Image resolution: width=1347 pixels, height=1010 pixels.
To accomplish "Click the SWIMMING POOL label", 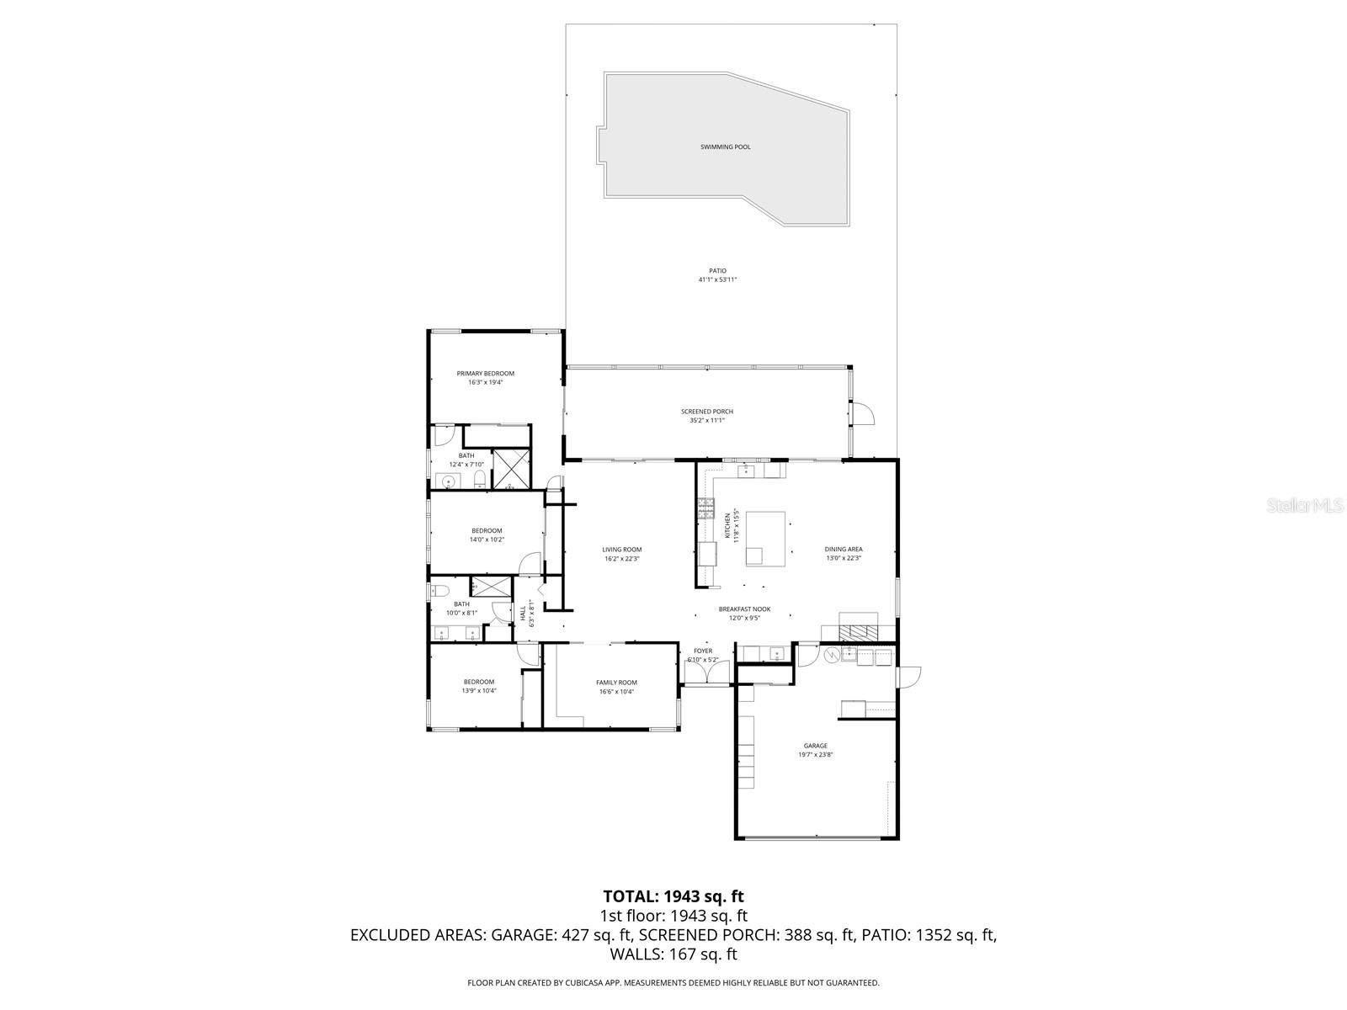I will [725, 147].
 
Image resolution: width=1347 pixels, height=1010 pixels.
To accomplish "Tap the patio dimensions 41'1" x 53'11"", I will [717, 279].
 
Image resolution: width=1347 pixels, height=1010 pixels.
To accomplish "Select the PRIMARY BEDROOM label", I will [485, 374].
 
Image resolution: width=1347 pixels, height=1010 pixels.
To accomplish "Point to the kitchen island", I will [766, 537].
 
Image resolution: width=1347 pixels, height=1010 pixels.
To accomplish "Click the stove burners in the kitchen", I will [705, 508].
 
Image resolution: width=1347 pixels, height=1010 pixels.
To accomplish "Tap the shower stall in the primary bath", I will [511, 470].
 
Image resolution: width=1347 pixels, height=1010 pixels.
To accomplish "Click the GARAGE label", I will [815, 746].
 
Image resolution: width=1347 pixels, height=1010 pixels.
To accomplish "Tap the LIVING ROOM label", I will [622, 550].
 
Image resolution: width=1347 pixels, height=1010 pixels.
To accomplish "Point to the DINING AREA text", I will [843, 550].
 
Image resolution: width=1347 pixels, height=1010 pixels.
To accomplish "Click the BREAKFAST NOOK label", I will [744, 609].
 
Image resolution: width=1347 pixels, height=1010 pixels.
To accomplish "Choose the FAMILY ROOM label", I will [616, 683].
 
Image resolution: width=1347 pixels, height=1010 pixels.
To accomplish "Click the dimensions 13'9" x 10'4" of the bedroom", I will [478, 691].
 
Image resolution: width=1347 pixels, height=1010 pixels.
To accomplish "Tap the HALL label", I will [522, 612].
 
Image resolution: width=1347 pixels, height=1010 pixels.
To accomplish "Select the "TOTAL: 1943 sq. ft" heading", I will [673, 896].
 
